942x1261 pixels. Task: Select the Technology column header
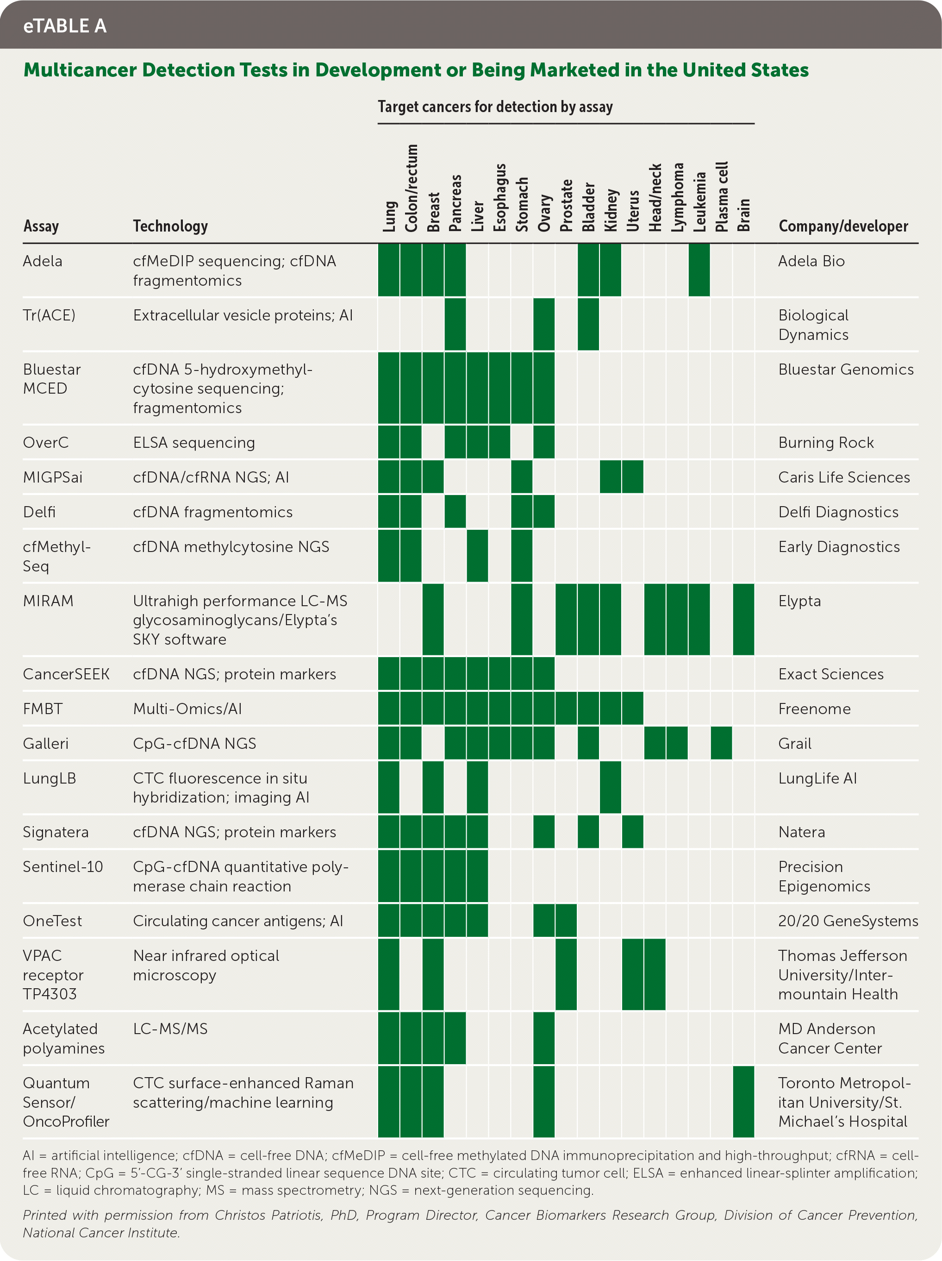pyautogui.click(x=170, y=226)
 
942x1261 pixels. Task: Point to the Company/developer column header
pyautogui.click(x=843, y=226)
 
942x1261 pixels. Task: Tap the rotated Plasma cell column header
pyautogui.click(x=722, y=197)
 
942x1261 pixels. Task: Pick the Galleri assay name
pyautogui.click(x=45, y=743)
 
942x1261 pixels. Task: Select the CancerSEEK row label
pyautogui.click(x=66, y=674)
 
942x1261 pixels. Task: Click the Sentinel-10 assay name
pyautogui.click(x=62, y=866)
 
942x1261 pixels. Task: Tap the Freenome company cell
pyautogui.click(x=814, y=709)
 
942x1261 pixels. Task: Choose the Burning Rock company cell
pyautogui.click(x=826, y=442)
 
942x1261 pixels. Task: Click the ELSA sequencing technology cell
pyautogui.click(x=194, y=442)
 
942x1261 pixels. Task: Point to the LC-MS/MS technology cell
pyautogui.click(x=170, y=1029)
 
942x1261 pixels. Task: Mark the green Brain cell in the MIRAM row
pyautogui.click(x=743, y=619)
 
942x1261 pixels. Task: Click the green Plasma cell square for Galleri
pyautogui.click(x=721, y=743)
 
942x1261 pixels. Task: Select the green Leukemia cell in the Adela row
pyautogui.click(x=699, y=270)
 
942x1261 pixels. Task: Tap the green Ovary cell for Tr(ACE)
pyautogui.click(x=543, y=324)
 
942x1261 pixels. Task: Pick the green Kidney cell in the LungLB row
pyautogui.click(x=611, y=787)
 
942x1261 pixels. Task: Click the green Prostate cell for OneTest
pyautogui.click(x=566, y=920)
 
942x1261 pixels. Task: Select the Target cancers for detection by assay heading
pyautogui.click(x=495, y=107)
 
